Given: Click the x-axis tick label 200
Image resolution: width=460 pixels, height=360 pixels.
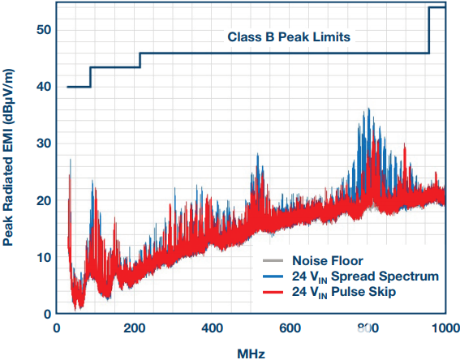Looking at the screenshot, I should coord(134,329).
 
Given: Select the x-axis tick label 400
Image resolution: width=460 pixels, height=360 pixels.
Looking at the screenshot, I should coord(212,329).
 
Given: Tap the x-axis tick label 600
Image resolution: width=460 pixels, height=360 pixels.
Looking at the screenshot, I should coord(290,329).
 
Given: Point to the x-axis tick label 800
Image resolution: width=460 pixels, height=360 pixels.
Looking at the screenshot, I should coord(368,329).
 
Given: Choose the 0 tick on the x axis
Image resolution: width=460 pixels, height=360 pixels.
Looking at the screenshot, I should coord(56,329).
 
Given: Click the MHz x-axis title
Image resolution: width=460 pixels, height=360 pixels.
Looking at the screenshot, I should coord(251,352).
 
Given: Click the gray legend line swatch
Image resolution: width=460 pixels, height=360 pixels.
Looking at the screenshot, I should coord(273,261).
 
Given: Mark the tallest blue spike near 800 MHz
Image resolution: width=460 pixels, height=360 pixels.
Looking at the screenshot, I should coord(369,109).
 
